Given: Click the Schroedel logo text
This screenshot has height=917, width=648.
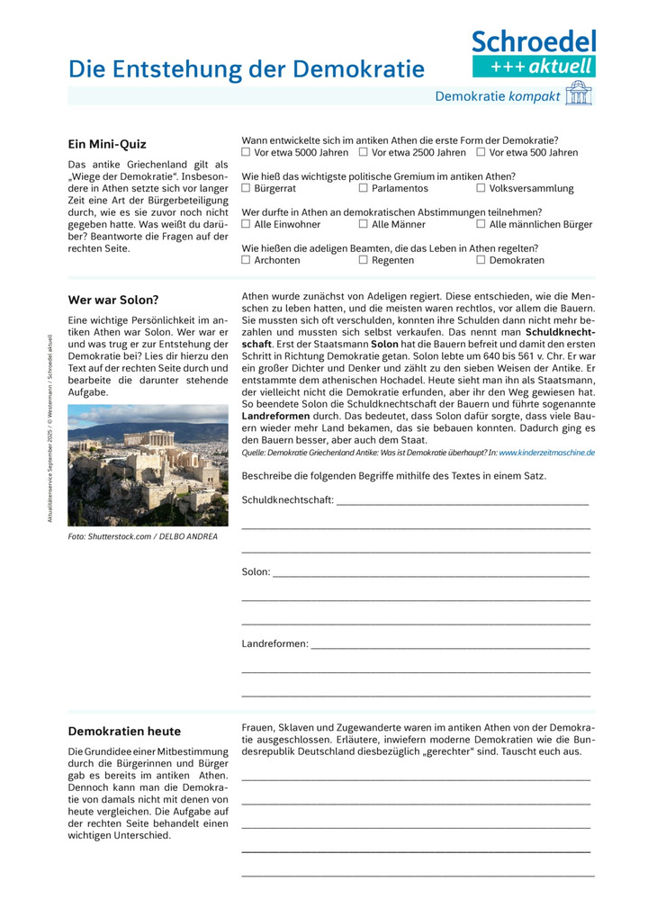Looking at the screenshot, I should (534, 40).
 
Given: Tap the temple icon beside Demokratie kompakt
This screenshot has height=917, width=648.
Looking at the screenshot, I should (579, 94).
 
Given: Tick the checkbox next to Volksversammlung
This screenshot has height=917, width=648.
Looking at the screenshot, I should (481, 188).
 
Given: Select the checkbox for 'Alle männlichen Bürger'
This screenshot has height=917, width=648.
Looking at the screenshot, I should (481, 224).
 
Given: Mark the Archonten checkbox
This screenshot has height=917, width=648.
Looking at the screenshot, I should (247, 260).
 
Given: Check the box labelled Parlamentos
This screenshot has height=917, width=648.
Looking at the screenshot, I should (364, 188).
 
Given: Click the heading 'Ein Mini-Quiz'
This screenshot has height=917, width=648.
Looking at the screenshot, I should (107, 144).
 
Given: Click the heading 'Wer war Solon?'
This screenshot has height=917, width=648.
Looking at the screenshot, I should (113, 300).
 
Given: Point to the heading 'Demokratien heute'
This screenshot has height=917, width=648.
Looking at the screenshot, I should (124, 731).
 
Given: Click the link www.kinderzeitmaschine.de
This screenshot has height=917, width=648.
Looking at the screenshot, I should (546, 453).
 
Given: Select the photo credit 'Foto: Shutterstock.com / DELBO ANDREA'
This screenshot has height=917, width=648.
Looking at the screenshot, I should (142, 537).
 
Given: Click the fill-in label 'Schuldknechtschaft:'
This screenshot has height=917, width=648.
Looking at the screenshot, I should (288, 499).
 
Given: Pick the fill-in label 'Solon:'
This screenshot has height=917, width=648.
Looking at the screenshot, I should (256, 571).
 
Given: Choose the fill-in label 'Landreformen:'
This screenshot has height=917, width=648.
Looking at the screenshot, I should (274, 643).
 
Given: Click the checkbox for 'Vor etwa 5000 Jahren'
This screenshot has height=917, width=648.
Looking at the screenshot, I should (247, 152).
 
